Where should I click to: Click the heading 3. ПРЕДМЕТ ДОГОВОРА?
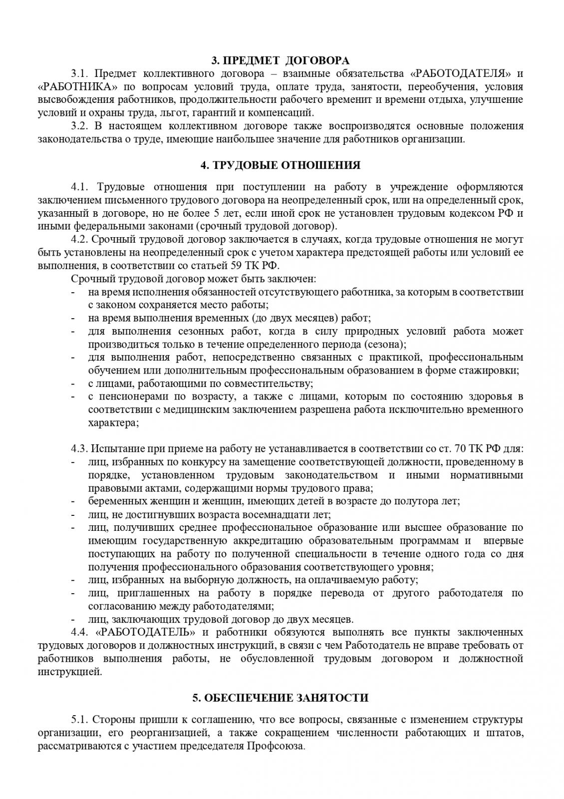point(281,61)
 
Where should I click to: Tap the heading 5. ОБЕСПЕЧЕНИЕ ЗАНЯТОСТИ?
point(281,698)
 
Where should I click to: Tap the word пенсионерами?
point(124,397)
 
